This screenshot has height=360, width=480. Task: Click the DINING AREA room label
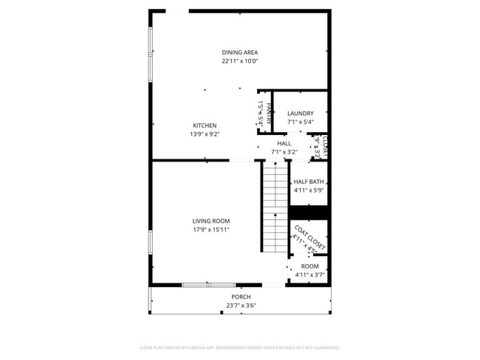[240, 52]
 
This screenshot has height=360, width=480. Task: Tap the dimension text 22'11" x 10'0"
[240, 61]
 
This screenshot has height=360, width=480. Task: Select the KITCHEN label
[205, 125]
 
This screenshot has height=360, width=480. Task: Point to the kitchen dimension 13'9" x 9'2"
[205, 134]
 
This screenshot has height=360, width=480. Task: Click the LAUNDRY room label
[300, 114]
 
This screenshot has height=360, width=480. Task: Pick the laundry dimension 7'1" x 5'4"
[300, 122]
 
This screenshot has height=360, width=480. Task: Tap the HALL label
[284, 143]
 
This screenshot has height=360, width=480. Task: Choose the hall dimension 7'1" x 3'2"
[284, 153]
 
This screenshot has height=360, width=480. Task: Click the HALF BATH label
[309, 181]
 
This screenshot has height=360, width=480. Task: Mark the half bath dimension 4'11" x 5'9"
[309, 190]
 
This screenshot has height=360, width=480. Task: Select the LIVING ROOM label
[211, 221]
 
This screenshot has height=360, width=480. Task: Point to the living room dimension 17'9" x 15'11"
[211, 229]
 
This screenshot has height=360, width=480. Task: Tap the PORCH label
[241, 297]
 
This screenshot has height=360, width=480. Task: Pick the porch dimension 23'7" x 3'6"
[241, 305]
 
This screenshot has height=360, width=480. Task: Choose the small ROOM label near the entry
[310, 266]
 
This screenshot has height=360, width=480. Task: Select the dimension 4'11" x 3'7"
[310, 275]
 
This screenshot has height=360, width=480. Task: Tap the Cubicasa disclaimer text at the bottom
[240, 347]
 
